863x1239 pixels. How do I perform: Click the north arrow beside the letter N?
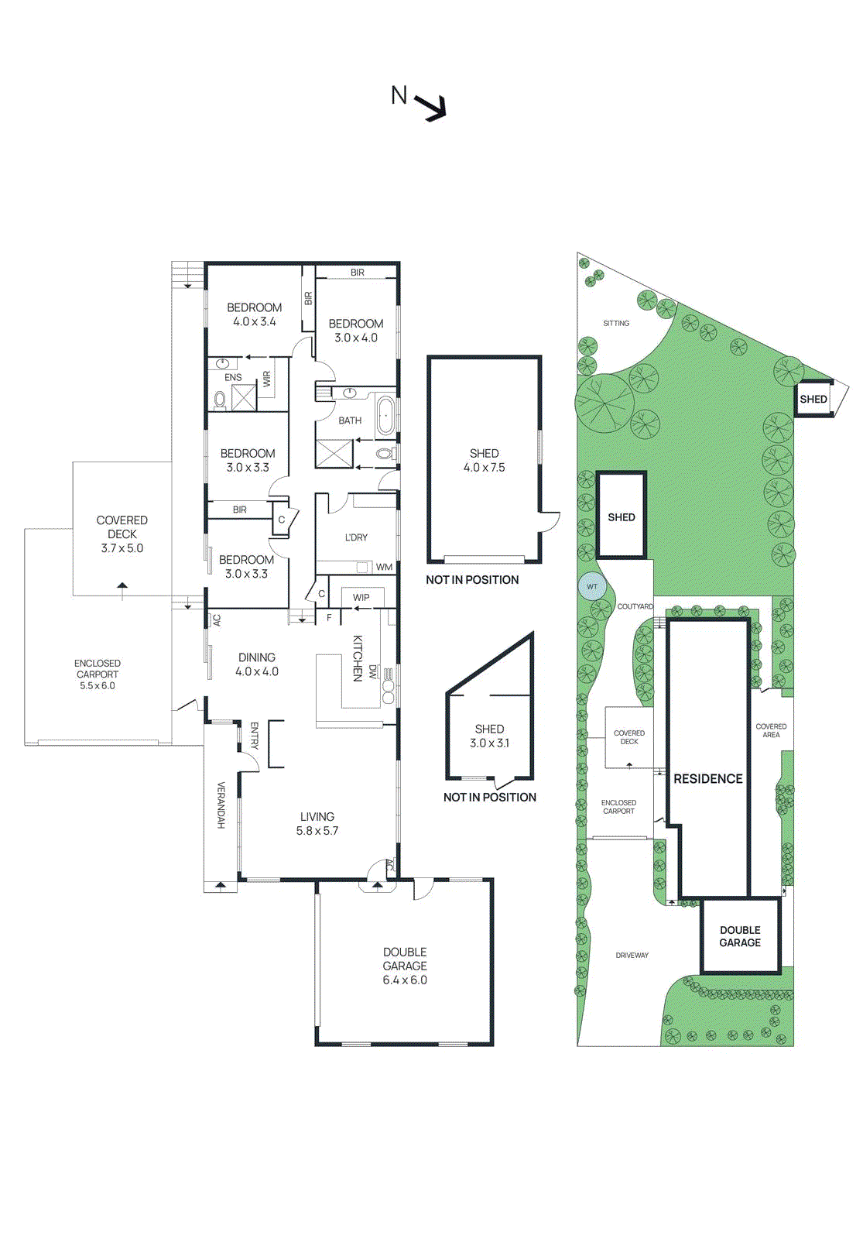point(432,106)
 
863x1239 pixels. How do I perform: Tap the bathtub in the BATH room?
point(385,416)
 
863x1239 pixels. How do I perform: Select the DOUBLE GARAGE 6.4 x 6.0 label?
point(405,966)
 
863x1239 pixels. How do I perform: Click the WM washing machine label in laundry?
point(385,567)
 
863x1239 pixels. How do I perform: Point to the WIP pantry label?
point(361,598)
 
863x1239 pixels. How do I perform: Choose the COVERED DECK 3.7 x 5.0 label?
point(122,534)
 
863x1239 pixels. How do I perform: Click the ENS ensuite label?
point(233,378)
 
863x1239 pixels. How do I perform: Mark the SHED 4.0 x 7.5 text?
point(485,460)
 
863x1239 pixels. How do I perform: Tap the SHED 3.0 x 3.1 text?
point(489,736)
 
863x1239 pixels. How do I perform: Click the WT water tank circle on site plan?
point(591,586)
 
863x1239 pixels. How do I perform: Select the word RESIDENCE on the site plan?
point(708,779)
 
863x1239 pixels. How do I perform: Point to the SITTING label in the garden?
point(616,324)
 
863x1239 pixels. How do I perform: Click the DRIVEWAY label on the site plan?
point(632,956)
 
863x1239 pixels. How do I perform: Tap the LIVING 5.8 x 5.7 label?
point(317,823)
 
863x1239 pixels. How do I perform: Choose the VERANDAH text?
point(221,805)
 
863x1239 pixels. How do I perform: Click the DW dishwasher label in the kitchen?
point(373,671)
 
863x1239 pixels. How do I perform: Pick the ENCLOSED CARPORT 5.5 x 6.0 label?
point(98,674)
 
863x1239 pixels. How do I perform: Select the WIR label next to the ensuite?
point(267,379)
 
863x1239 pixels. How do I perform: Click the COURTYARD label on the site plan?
point(635,607)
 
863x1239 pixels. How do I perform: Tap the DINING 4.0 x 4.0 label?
point(257,664)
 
